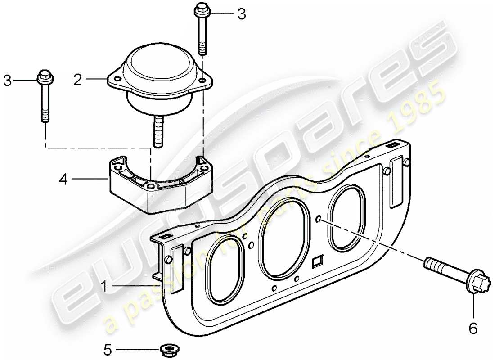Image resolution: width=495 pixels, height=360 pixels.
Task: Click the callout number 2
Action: point(78,81)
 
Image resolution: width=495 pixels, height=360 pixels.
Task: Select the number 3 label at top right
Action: point(242,14)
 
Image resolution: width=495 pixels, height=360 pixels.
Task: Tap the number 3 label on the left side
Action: point(7,81)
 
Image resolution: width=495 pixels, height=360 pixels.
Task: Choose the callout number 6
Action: point(472,329)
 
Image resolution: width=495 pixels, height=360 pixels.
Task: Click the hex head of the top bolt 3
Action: point(201,9)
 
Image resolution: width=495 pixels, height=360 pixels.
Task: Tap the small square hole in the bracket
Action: point(317,261)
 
